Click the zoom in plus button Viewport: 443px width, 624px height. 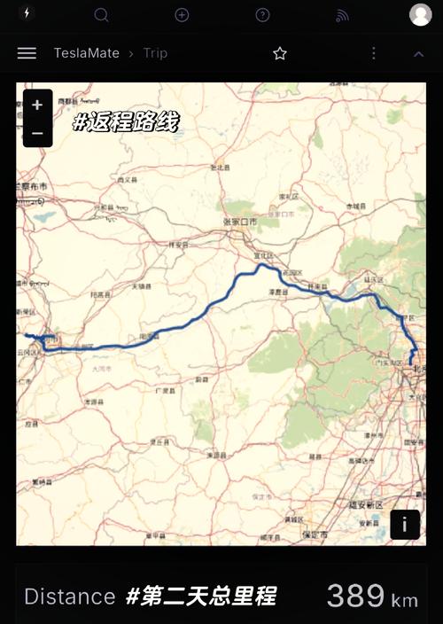tap(37, 105)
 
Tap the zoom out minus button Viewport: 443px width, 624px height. tap(37, 133)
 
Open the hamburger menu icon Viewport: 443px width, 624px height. tap(27, 53)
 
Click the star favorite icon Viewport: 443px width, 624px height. tap(280, 53)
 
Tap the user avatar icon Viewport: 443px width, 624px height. tap(420, 14)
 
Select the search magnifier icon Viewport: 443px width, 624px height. tap(101, 15)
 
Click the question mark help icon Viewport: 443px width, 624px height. tap(262, 15)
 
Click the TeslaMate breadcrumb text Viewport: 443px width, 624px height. tap(86, 53)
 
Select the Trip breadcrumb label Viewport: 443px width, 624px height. tap(155, 53)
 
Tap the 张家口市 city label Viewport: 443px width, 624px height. tap(240, 221)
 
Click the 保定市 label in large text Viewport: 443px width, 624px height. tap(315, 534)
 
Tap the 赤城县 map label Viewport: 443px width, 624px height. tap(355, 206)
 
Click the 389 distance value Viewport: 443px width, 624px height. tap(355, 596)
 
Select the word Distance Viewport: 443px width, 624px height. tap(70, 597)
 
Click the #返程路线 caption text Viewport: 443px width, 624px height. tap(125, 122)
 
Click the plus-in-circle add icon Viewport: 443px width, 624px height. tap(182, 15)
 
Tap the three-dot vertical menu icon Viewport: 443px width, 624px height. tap(374, 53)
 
